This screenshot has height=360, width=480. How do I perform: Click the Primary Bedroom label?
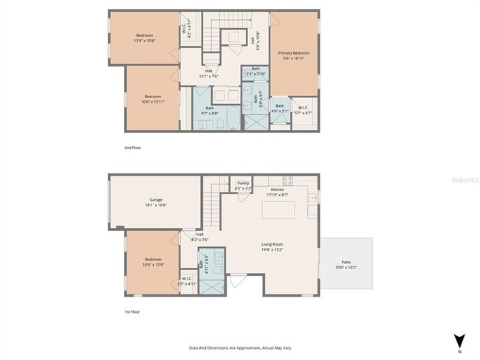293,53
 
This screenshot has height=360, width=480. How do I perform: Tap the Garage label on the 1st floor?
155,199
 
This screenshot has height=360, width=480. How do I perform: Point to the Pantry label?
243,184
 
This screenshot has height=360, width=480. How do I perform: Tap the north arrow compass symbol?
460,341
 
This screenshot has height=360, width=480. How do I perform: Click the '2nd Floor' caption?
132,148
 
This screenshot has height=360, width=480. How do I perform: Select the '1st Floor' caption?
132,312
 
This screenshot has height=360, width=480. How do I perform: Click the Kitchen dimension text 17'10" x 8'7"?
278,195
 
